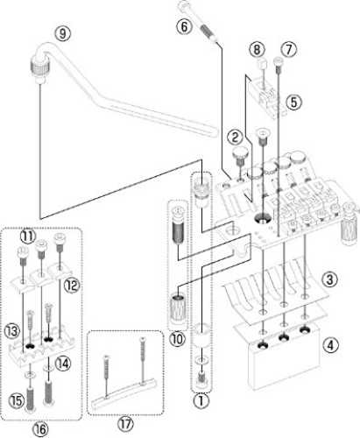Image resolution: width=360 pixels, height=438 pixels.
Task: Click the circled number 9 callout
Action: click(x=63, y=34)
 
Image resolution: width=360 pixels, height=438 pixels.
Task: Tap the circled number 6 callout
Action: click(x=184, y=27)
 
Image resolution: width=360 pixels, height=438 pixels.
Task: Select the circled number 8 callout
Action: click(x=257, y=50)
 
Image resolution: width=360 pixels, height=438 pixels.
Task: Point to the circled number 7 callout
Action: click(x=288, y=50)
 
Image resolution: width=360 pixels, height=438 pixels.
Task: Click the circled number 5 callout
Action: click(x=293, y=102)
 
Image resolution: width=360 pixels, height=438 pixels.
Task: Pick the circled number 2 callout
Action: click(x=236, y=138)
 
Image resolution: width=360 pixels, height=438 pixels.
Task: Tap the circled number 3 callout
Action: click(x=329, y=279)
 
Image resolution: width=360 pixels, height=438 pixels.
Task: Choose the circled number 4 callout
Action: click(x=330, y=345)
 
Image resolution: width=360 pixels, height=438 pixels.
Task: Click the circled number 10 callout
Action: click(x=178, y=339)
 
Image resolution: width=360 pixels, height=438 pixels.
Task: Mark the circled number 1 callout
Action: click(x=201, y=401)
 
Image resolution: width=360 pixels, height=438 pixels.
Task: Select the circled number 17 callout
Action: click(x=125, y=424)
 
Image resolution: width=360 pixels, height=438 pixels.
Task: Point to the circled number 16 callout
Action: click(x=40, y=429)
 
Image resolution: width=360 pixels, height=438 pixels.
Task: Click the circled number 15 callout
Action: click(x=17, y=400)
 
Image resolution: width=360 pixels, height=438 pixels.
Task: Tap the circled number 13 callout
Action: click(x=11, y=331)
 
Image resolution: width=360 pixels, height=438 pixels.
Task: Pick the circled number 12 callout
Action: click(x=72, y=285)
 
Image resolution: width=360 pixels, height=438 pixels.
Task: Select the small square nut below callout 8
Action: click(x=262, y=62)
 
